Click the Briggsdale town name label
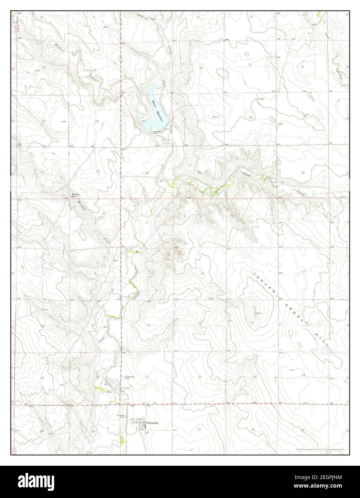click(x=152, y=423)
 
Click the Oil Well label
click(x=260, y=99)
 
